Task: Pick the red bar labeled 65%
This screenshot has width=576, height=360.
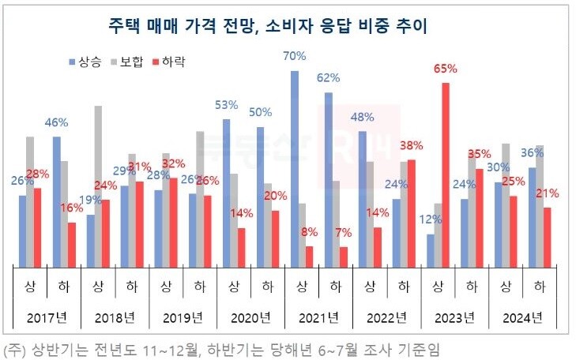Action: [446, 174]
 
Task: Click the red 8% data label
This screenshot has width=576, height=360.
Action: [310, 232]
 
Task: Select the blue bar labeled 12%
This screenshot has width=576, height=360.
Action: [430, 250]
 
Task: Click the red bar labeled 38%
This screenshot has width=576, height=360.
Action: [412, 213]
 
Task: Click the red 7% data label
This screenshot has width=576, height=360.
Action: [344, 233]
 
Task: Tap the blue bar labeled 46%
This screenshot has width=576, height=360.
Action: [56, 201]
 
